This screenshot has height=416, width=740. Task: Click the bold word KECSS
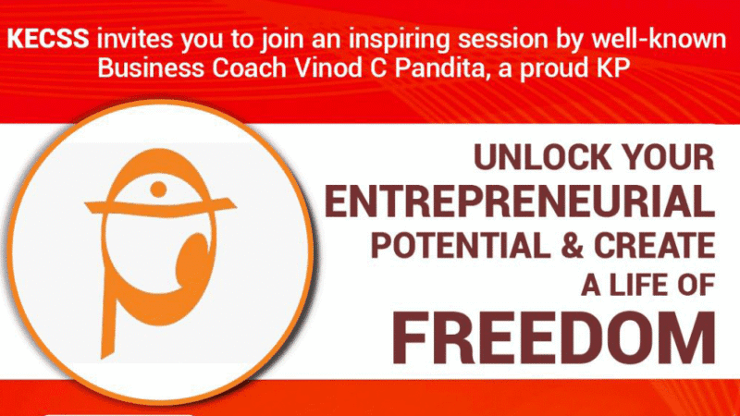coord(48,38)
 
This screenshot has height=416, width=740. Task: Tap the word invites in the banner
coord(135,38)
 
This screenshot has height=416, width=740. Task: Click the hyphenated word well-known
coord(659,38)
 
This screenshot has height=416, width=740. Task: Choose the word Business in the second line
coord(151,67)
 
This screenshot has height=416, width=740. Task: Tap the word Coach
coord(249,67)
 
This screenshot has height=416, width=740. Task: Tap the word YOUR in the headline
coord(668,157)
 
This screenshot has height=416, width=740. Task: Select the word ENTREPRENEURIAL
coord(520,202)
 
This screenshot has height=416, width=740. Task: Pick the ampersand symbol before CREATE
coord(573,246)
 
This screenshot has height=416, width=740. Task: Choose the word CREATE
coord(655,246)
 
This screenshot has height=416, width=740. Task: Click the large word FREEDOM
coord(553,338)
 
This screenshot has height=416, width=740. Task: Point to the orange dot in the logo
coord(158,190)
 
